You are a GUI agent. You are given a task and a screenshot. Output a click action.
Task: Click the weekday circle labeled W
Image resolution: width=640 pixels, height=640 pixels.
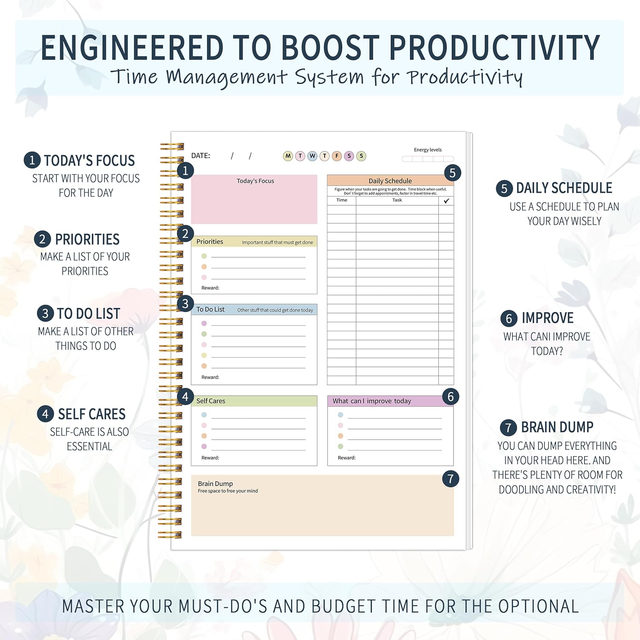[312, 156]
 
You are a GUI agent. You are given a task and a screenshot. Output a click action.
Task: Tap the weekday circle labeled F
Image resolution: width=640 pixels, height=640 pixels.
[337, 156]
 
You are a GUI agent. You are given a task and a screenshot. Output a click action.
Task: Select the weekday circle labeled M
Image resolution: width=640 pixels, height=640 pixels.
[288, 156]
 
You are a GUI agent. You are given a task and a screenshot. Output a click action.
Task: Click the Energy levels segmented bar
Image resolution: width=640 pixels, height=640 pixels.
[428, 159]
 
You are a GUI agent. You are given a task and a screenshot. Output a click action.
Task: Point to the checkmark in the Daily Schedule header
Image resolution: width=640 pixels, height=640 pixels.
[446, 201]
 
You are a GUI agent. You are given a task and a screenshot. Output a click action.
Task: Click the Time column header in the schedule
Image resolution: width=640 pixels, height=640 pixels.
[342, 200]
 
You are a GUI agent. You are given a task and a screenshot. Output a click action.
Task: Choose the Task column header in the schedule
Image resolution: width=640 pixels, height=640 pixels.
[397, 200]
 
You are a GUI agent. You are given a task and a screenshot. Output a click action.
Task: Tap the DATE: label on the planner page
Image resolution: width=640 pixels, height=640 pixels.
[201, 156]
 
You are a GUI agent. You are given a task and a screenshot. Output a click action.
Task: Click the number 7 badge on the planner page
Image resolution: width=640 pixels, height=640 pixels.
[451, 479]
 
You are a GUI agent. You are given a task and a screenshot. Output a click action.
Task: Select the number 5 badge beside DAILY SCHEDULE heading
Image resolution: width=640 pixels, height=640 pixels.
[504, 189]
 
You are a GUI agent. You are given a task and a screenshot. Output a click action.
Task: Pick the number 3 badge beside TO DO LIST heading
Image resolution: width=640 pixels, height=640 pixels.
[45, 314]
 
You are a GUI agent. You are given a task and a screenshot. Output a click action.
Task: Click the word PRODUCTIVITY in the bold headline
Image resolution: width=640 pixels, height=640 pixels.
[495, 48]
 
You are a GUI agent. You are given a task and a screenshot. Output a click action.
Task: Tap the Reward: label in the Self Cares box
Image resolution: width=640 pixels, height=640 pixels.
[210, 458]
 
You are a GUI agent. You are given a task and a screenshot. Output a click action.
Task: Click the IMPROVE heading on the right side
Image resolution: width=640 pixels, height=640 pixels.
[547, 318]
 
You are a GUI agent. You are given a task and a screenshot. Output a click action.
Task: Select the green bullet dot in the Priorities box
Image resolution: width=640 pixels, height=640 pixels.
[204, 256]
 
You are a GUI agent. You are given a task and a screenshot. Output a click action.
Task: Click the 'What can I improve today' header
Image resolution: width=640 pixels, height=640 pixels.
[372, 401]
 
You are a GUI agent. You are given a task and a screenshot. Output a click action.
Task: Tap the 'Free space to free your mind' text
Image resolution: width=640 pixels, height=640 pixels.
[228, 491]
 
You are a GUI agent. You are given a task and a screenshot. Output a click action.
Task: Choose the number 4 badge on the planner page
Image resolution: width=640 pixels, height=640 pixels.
[185, 397]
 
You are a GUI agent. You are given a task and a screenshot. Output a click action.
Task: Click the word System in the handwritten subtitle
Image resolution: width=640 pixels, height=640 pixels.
[329, 78]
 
